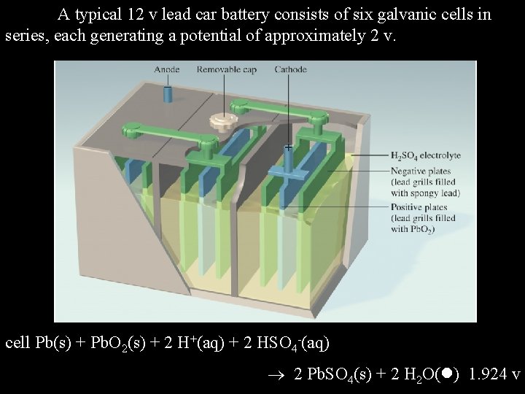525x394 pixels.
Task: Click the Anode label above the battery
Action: tap(167, 69)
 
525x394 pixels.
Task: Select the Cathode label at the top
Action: tap(290, 69)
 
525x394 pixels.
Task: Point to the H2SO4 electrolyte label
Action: tap(425, 155)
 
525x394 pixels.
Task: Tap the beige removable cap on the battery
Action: tap(219, 120)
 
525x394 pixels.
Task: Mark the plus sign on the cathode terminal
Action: tap(289, 148)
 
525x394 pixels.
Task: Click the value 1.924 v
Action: tap(495, 374)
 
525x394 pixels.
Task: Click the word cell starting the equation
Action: tap(17, 342)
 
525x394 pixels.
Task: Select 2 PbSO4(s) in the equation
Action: tap(330, 375)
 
